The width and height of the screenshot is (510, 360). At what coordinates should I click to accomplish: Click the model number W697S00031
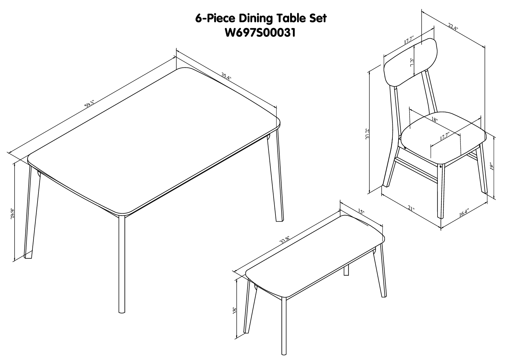coord(260,32)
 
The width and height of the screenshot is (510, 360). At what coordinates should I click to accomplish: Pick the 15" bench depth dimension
coord(360,211)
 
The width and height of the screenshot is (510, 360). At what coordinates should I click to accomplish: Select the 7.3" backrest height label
coord(412,62)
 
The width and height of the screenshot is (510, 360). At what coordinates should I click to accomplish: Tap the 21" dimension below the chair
coord(411,209)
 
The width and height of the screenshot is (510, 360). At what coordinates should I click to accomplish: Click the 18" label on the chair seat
coord(435,120)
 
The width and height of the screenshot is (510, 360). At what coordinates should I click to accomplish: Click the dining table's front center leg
coord(122,264)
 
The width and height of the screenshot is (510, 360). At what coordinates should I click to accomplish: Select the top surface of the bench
coord(315,258)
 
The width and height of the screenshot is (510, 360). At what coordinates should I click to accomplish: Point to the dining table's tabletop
coord(153,140)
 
